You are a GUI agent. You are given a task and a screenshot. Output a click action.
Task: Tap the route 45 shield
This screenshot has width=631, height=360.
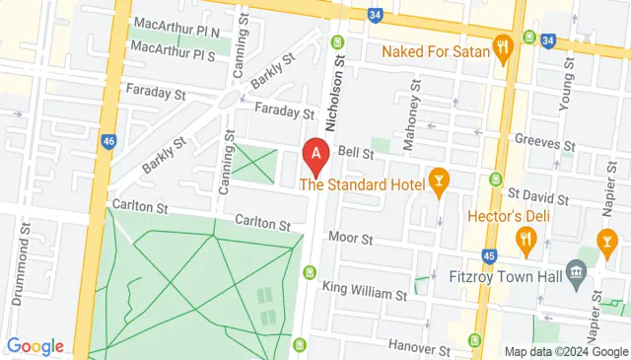(x=490, y=257)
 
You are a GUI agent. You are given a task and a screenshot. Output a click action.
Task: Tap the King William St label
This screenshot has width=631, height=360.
(x=365, y=294)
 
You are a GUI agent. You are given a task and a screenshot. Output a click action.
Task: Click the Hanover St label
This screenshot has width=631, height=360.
(x=419, y=349)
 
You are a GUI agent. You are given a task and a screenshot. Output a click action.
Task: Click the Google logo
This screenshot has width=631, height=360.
(x=35, y=346)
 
